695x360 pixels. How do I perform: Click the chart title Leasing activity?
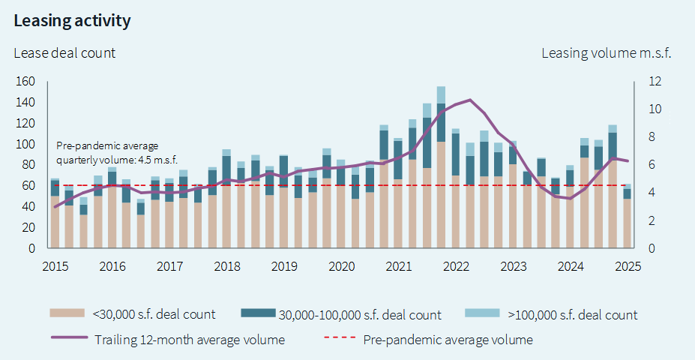click(72, 21)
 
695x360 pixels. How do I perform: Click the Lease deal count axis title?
click(64, 52)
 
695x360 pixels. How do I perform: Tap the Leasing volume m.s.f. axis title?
click(606, 52)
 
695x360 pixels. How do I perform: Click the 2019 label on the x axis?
click(284, 266)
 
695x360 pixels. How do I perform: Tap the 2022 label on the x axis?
click(456, 266)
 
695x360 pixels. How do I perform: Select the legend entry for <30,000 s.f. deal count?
click(133, 314)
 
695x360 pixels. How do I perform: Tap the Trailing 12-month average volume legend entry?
click(168, 340)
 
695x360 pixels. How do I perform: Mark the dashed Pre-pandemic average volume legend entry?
click(428, 340)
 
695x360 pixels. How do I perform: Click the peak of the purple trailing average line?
click(469, 100)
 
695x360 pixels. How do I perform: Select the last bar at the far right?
click(627, 217)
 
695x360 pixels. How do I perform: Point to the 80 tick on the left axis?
click(28, 164)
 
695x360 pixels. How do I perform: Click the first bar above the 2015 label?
click(55, 214)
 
